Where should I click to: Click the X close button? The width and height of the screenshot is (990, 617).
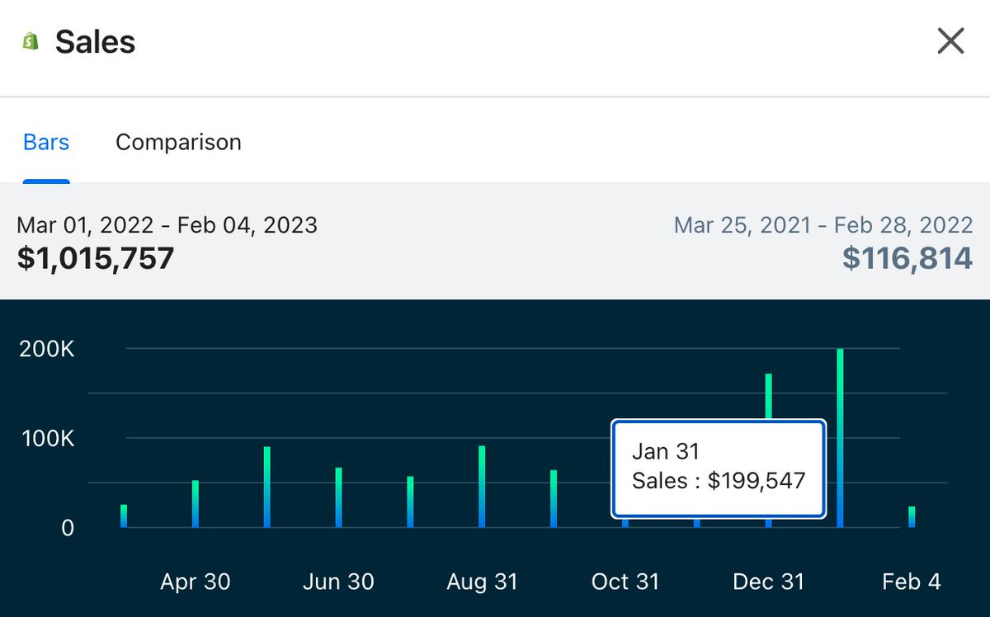tap(950, 40)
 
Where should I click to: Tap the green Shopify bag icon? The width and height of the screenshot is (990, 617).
tap(31, 41)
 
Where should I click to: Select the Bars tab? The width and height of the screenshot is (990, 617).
tap(46, 142)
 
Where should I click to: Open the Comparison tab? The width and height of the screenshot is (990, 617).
tap(178, 142)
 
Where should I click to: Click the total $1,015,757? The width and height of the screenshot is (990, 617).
tap(96, 258)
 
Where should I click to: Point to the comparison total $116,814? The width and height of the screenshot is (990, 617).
tap(907, 258)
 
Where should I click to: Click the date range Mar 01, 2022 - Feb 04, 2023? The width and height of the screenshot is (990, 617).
tap(167, 224)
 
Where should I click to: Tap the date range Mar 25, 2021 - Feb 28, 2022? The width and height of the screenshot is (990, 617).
tap(823, 224)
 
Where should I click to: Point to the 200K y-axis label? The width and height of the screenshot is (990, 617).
tap(46, 349)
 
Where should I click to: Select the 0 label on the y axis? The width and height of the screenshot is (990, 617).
tap(67, 527)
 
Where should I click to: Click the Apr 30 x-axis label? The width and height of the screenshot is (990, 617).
tap(196, 582)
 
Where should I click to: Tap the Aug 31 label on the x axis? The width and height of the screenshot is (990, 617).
tap(482, 582)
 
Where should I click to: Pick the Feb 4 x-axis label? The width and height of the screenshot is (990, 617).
tap(911, 582)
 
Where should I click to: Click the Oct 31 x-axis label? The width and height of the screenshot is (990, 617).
tap(625, 582)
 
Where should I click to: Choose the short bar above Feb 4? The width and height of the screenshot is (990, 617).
tap(912, 517)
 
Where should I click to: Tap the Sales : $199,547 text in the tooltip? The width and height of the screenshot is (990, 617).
tap(718, 481)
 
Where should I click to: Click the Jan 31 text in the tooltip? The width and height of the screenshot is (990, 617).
tap(665, 451)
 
